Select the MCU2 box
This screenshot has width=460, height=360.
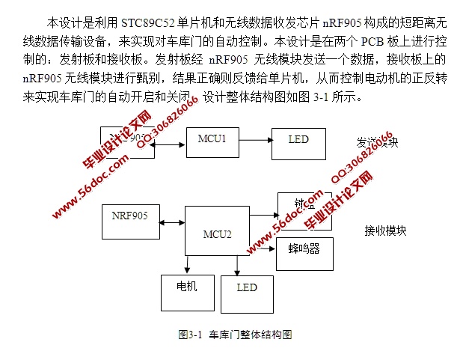(217, 233)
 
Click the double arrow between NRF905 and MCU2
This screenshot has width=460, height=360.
(172, 223)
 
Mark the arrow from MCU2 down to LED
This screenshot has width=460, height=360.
(237, 266)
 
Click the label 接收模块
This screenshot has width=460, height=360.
(385, 231)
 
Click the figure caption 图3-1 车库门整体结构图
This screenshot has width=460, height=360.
(234, 334)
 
